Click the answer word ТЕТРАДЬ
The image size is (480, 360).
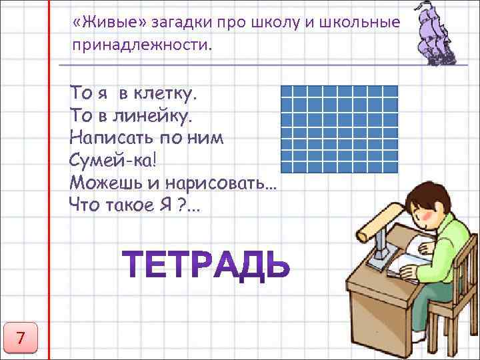(207, 265)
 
